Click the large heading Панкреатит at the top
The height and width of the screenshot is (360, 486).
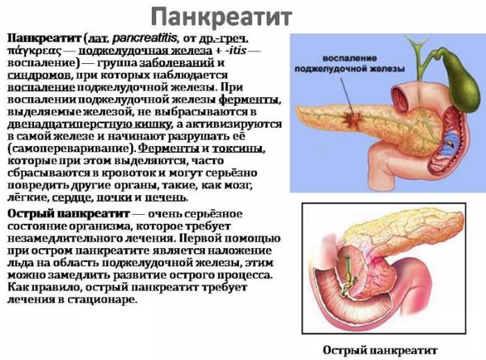click(221, 15)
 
